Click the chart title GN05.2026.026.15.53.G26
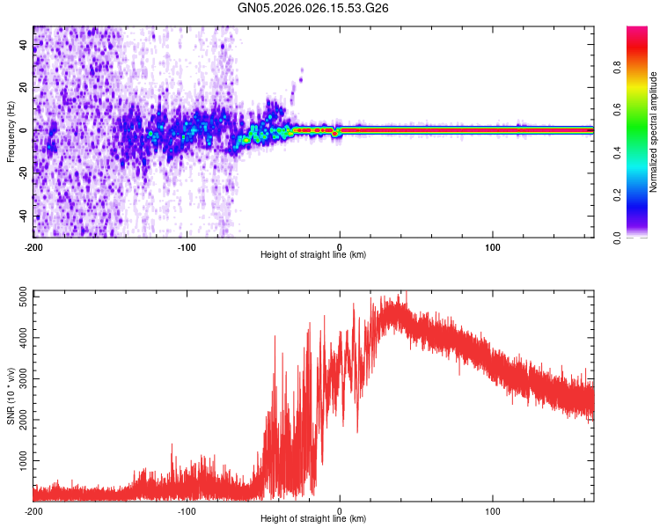click(313, 8)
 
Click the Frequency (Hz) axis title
click(11, 130)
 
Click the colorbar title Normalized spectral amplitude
click(654, 132)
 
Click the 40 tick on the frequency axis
click(24, 44)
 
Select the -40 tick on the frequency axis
click(24, 216)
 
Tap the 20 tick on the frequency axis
click(24, 87)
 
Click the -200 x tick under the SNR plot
click(33, 511)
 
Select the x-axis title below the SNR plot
click(313, 520)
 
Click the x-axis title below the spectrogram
click(313, 255)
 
